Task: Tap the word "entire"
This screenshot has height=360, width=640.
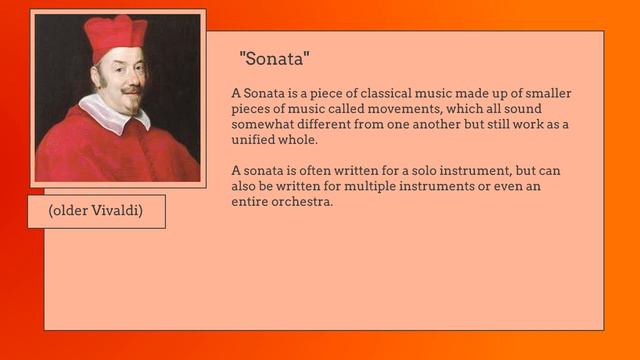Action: coord(250,201)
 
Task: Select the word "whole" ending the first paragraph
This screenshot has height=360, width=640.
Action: coord(300,139)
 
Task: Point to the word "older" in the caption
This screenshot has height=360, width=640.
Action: coord(69,212)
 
